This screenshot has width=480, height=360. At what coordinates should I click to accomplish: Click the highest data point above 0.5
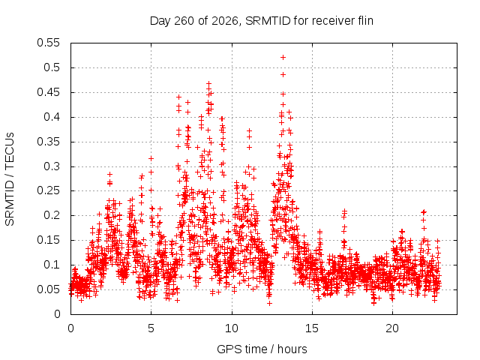click(283, 57)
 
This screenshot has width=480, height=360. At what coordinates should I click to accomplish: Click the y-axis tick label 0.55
click(48, 43)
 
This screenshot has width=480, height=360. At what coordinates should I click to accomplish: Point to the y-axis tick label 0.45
click(48, 92)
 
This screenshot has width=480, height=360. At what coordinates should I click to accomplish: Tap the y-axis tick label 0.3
click(52, 166)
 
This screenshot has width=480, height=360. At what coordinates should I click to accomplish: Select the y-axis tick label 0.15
click(48, 240)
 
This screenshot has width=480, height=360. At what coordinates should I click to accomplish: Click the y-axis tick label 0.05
click(48, 289)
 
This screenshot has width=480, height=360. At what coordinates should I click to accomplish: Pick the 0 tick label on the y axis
click(57, 314)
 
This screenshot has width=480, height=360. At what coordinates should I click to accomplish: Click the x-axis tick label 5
click(151, 328)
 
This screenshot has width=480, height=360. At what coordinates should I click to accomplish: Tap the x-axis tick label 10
click(232, 328)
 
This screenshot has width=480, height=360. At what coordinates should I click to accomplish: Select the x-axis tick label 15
click(312, 328)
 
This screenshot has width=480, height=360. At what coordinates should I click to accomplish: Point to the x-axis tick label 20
click(392, 328)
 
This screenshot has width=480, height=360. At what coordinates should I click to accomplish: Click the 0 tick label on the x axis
click(70, 328)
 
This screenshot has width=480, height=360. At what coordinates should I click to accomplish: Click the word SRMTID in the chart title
click(268, 21)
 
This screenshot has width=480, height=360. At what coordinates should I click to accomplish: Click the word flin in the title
click(365, 21)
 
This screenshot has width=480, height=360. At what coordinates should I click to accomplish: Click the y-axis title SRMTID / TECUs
click(10, 179)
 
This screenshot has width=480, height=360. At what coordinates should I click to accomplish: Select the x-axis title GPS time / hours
click(262, 349)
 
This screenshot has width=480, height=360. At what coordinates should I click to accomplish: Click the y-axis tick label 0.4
click(52, 117)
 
